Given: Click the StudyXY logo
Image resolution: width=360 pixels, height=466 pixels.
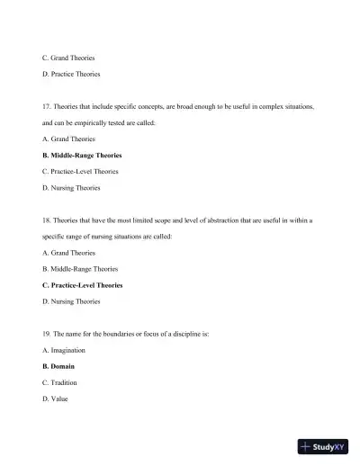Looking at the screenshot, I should (322, 445).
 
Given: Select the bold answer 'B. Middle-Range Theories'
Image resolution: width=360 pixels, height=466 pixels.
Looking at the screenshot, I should (80, 155).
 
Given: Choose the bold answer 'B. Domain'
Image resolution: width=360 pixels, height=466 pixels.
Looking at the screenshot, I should (58, 366).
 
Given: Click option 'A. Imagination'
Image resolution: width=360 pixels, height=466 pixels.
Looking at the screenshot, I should (64, 350).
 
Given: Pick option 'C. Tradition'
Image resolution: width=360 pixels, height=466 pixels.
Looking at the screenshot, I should (60, 382).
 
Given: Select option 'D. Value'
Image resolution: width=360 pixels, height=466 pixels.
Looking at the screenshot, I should (55, 399).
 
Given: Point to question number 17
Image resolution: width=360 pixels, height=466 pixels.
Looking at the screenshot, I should (48, 106).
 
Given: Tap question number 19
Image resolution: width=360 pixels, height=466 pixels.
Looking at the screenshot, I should (48, 334).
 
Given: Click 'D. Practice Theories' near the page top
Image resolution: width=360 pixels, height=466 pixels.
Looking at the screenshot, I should (71, 74).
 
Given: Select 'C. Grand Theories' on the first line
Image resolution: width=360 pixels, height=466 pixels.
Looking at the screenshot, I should (68, 58).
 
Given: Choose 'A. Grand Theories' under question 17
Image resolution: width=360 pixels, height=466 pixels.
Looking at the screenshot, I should (68, 139).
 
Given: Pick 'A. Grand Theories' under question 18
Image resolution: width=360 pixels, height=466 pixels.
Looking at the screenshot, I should (68, 252).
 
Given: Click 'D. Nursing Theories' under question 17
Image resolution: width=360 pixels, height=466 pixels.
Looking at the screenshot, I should (71, 187).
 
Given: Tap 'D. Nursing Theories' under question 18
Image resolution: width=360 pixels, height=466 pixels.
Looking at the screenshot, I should (71, 300).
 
